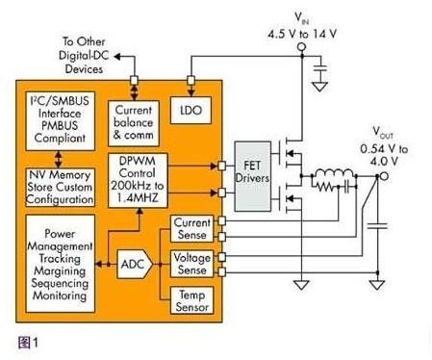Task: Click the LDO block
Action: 191,110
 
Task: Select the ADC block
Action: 135,265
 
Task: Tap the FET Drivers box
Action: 252,176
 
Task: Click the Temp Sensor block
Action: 191,300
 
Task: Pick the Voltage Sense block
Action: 191,264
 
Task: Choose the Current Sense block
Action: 191,228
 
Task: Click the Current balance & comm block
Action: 134,123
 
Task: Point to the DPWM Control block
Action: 138,180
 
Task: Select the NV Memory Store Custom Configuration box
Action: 60,188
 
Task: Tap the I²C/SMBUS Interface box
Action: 60,121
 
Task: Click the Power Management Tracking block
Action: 60,264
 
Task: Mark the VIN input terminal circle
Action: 301,47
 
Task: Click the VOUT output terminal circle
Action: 384,176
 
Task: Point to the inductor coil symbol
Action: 335,173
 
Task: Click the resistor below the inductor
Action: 324,186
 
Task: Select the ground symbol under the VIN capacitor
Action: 319,87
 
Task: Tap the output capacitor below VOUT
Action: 377,226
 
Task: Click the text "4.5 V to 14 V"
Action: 302,34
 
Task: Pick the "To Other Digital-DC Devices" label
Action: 84,55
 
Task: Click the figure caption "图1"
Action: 28,343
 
